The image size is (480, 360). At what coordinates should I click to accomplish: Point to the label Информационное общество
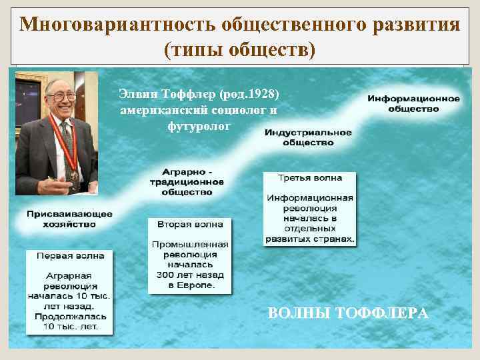click(x=413, y=103)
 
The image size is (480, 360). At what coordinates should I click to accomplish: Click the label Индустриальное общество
click(x=307, y=137)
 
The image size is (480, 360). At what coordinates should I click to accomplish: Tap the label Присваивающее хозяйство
click(x=70, y=219)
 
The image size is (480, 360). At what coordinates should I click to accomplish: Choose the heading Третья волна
click(x=309, y=178)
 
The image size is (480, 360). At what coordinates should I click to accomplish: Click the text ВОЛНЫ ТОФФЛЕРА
click(x=347, y=313)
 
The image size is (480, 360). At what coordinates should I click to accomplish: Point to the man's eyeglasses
click(x=61, y=97)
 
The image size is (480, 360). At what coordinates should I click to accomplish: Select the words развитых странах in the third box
click(x=310, y=238)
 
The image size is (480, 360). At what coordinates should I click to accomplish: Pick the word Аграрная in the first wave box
click(x=69, y=276)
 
